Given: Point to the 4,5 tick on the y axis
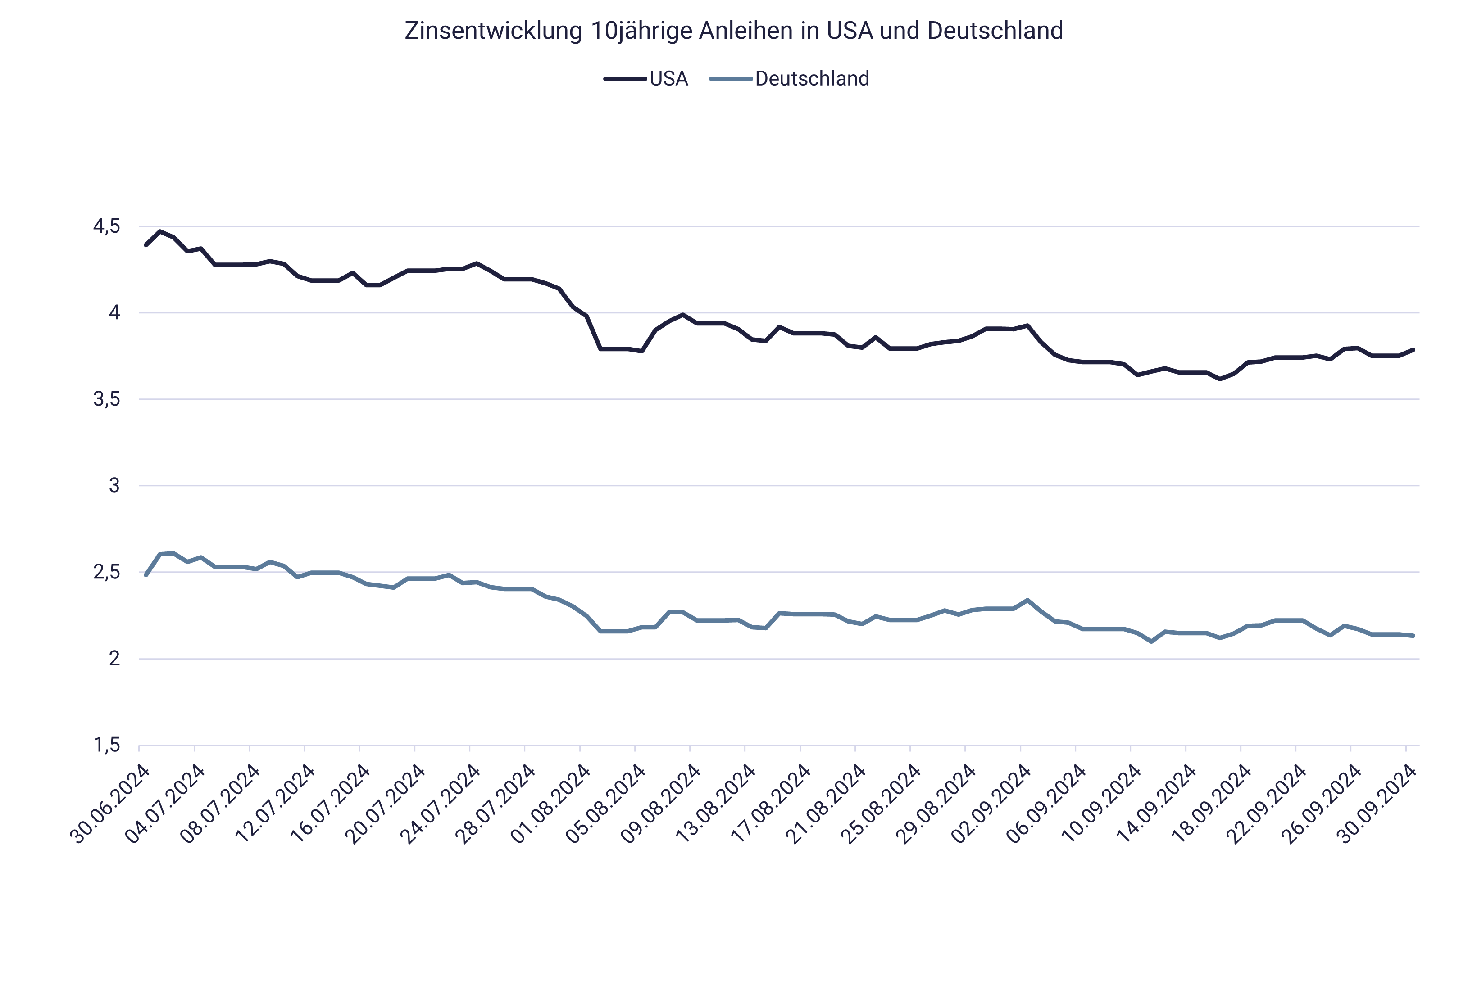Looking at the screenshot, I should click(x=106, y=226).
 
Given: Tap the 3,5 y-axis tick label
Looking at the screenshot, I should click(x=106, y=399).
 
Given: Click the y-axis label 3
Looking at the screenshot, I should click(x=114, y=486).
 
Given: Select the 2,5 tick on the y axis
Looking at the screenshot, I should click(x=106, y=572).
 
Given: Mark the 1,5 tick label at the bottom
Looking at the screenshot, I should click(x=106, y=746).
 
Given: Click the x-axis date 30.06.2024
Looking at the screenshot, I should click(x=112, y=804).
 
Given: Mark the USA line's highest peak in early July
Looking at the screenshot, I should click(x=159, y=231).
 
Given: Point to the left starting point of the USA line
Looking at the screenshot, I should click(x=146, y=245).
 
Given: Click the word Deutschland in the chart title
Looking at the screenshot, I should click(x=994, y=31).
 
